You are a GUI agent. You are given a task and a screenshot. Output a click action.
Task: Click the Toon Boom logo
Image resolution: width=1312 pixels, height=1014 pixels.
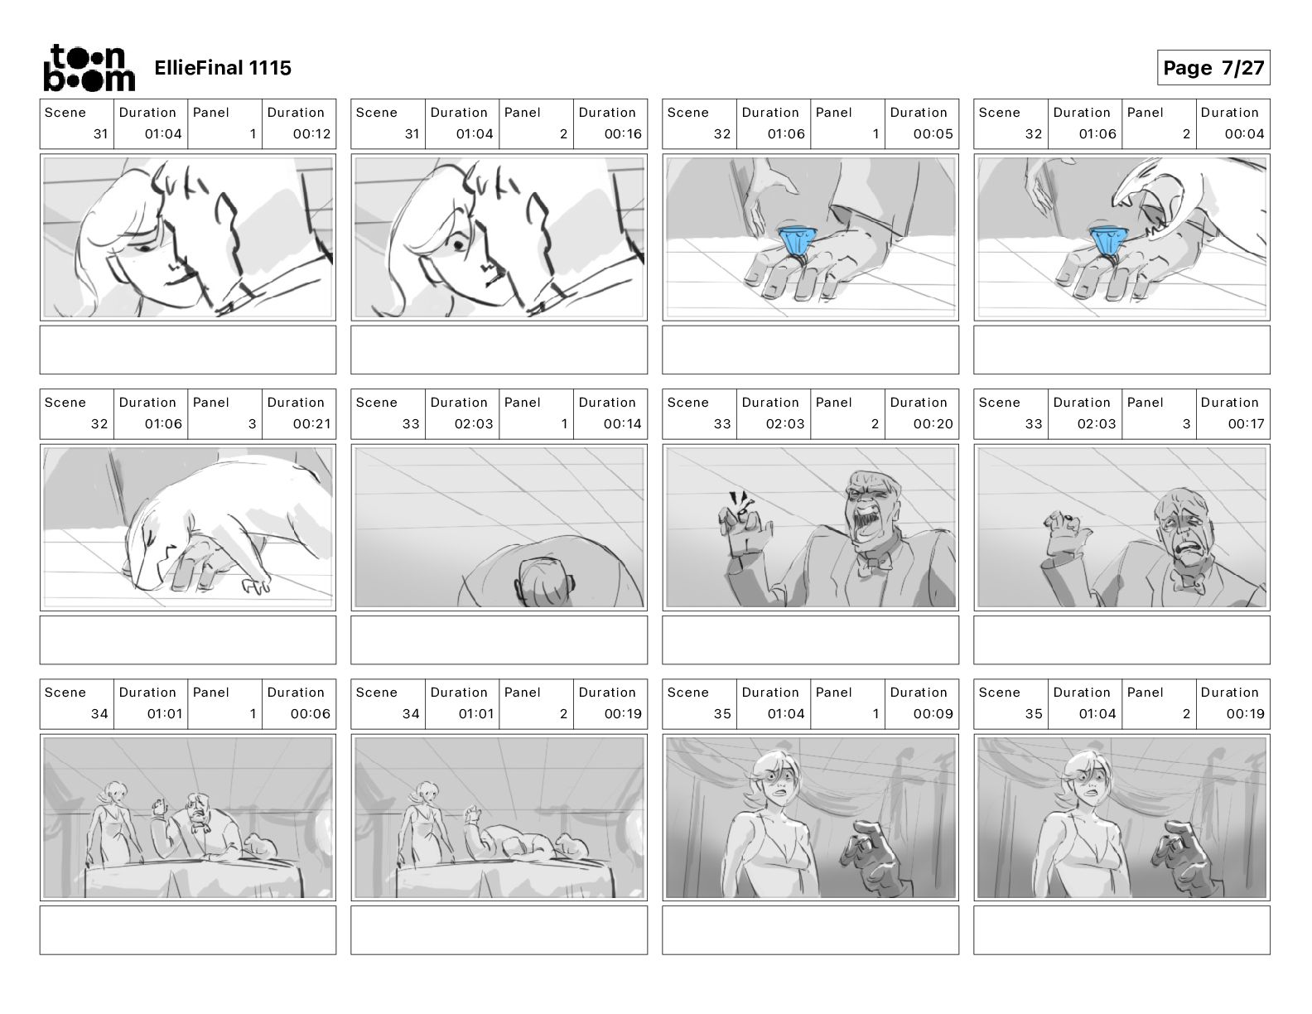(x=89, y=68)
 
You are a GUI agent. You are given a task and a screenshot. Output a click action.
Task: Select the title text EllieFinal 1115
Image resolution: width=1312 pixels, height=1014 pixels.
(x=223, y=68)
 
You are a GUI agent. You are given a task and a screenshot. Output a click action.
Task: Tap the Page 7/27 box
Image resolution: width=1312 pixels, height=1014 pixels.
(x=1213, y=68)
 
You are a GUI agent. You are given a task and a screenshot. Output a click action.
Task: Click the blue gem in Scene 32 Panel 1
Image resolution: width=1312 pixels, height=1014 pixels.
(x=798, y=240)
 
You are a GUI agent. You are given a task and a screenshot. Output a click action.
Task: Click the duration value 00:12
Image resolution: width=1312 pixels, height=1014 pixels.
(x=311, y=134)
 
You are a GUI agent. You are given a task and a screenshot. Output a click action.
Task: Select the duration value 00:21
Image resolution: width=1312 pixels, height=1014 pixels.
(x=311, y=424)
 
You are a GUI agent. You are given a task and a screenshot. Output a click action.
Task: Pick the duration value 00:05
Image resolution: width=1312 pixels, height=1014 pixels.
(x=933, y=134)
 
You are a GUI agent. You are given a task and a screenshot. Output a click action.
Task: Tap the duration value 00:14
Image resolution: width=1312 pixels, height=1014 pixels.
(x=623, y=424)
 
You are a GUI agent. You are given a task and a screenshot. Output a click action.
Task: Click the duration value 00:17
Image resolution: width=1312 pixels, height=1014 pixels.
(x=1246, y=424)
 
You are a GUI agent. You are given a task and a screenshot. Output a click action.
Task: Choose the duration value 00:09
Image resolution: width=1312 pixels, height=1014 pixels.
(x=933, y=714)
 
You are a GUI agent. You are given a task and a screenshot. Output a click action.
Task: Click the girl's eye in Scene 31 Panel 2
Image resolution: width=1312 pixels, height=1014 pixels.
(x=459, y=244)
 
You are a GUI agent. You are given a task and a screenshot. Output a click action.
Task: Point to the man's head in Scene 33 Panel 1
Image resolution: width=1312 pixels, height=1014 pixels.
(x=543, y=581)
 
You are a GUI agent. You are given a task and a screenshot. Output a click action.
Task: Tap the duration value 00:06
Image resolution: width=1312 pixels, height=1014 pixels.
(x=311, y=714)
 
